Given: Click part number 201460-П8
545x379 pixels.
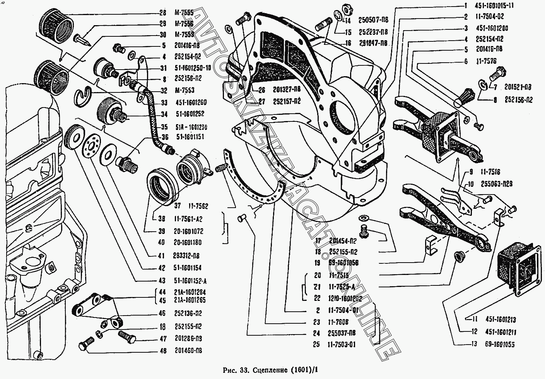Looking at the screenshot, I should pyautogui.click(x=188, y=351).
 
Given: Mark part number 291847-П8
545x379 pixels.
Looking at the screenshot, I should pyautogui.click(x=372, y=43).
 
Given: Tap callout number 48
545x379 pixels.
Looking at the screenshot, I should pyautogui.click(x=162, y=351).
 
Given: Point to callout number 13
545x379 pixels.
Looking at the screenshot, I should pyautogui.click(x=475, y=344).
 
